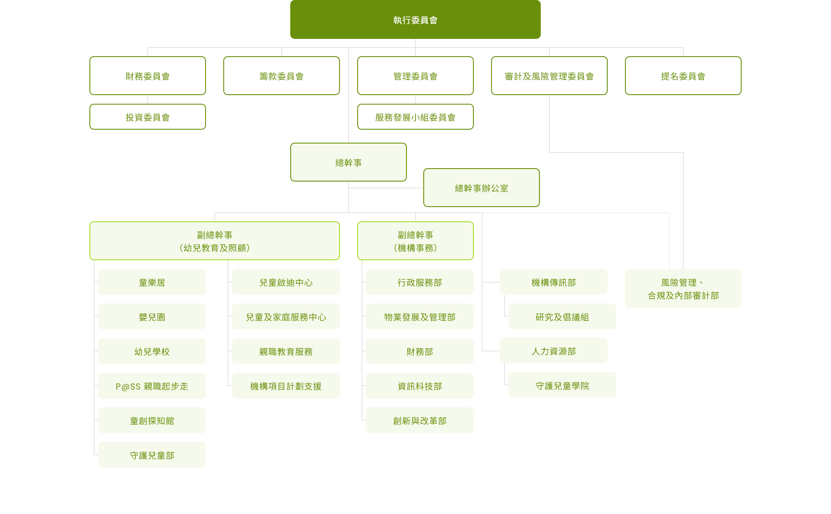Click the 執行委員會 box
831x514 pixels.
(415, 19)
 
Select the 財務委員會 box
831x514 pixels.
(148, 76)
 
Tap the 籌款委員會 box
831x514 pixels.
(282, 76)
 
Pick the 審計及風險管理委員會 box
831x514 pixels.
(549, 76)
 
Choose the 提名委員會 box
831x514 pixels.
(683, 76)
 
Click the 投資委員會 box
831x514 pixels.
(148, 117)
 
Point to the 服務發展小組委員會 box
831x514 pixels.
(415, 117)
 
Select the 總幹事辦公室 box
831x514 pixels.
(482, 188)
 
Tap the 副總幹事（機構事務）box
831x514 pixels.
(415, 241)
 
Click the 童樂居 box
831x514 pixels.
(152, 282)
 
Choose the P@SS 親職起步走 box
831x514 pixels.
(152, 386)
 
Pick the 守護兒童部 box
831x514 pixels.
(152, 455)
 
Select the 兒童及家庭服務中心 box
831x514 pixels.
(286, 316)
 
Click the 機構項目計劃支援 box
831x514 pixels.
(286, 386)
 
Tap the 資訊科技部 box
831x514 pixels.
(420, 386)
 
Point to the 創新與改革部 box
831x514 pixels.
(420, 420)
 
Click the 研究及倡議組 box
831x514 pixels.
(562, 316)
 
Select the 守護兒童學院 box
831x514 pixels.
(562, 385)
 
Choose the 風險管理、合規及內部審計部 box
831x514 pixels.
(683, 288)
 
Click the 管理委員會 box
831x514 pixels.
(415, 76)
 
